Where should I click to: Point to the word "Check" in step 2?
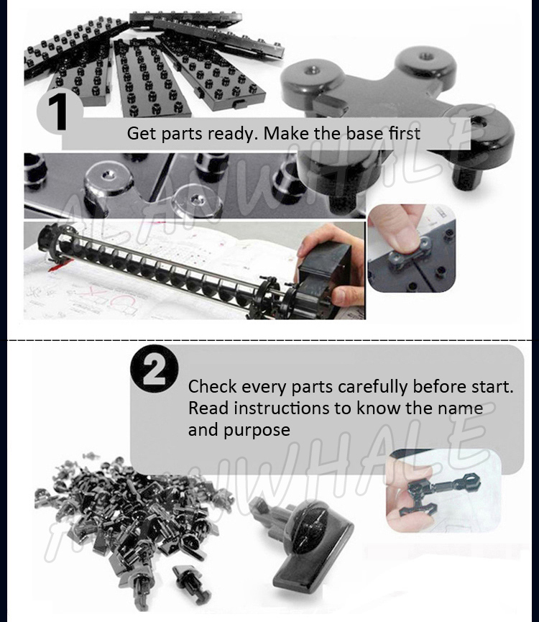[x=212, y=386]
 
